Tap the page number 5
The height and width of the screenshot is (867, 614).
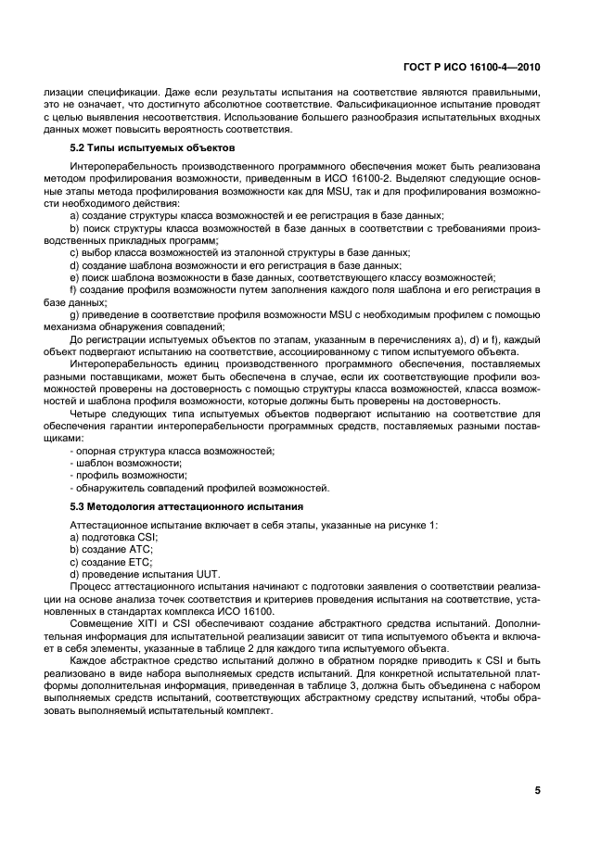pyautogui.click(x=537, y=790)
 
